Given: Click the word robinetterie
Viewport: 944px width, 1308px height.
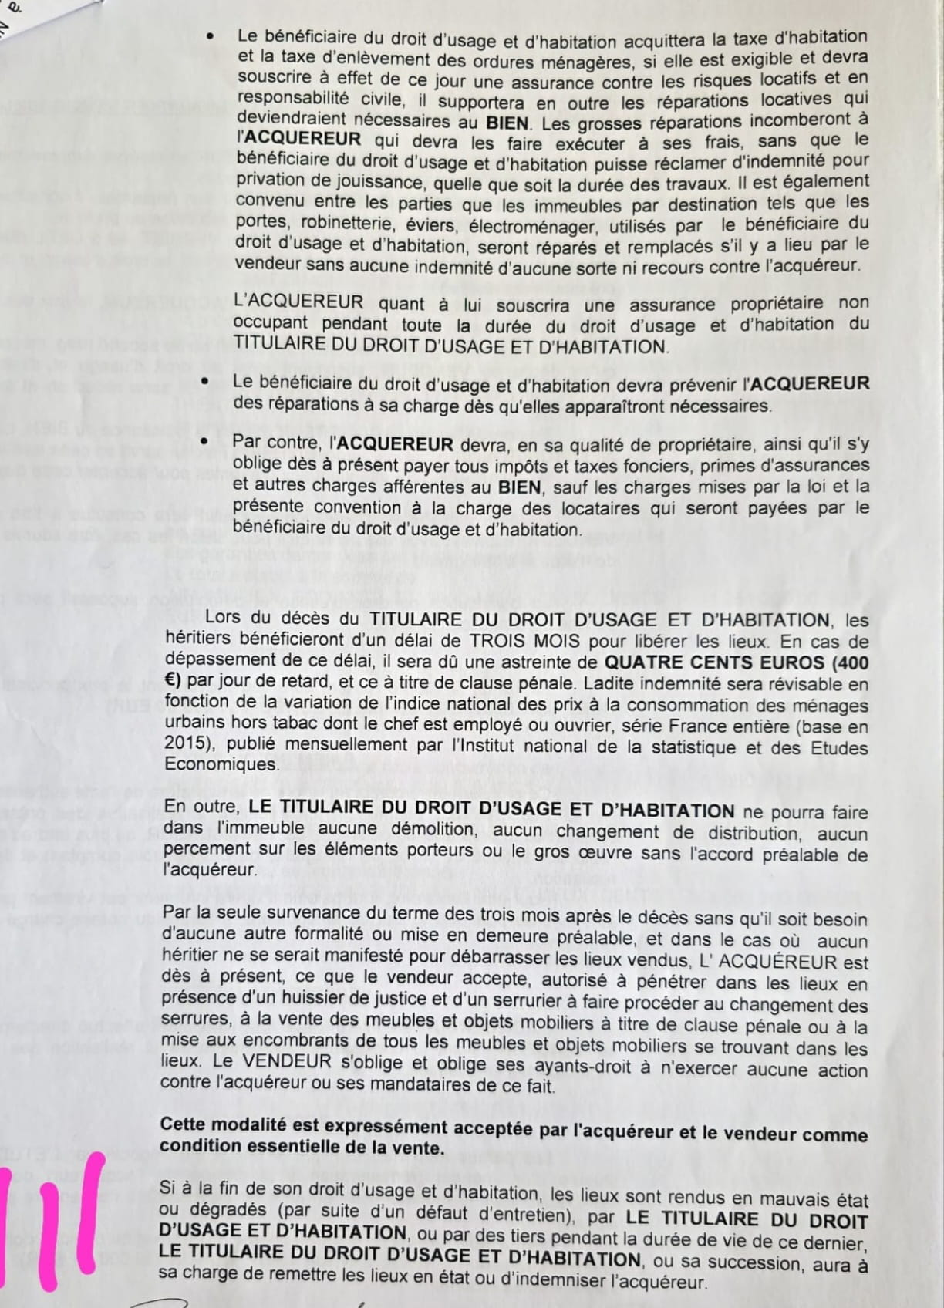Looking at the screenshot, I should pyautogui.click(x=352, y=224).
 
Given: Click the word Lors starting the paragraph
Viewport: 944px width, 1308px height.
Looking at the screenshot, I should pyautogui.click(x=224, y=617).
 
